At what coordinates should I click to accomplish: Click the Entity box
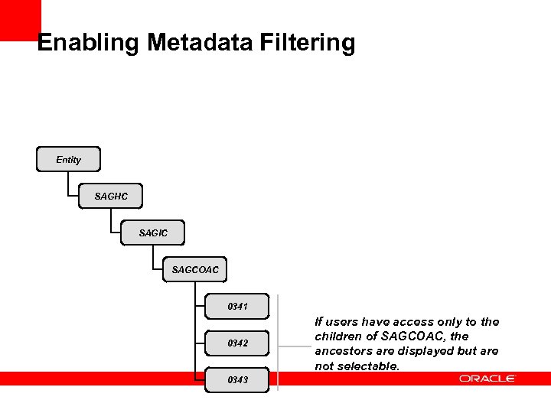pos(68,160)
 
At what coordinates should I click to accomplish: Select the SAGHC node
pos(111,197)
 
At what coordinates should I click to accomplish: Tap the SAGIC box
pos(153,233)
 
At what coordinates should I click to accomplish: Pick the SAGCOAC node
pos(195,269)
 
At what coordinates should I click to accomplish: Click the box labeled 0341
pos(237,307)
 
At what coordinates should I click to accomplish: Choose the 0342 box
pos(237,343)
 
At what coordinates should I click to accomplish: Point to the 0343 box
pos(237,380)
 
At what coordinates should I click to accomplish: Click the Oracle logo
pos(487,379)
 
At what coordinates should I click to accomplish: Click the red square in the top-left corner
pos(20,19)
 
